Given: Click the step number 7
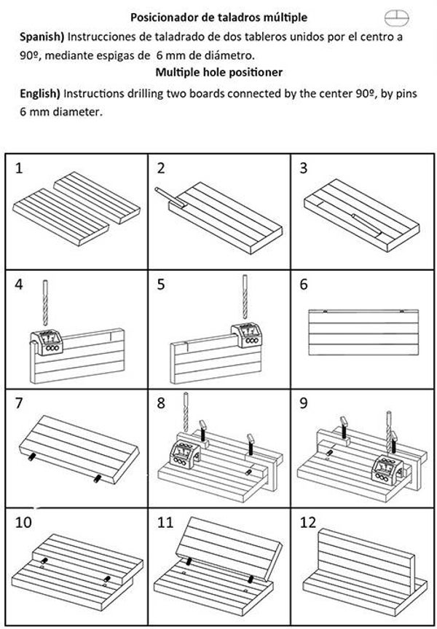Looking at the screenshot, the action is tap(19, 403).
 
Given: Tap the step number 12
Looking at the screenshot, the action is tap(308, 523).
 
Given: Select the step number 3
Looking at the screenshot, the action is tap(304, 168).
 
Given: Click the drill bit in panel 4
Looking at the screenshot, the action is tap(45, 303).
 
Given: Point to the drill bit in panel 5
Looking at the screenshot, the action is tap(245, 297).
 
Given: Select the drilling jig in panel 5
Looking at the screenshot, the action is tap(246, 335).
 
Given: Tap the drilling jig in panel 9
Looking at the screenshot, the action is tap(387, 471).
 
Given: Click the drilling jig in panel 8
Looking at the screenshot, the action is tap(185, 454).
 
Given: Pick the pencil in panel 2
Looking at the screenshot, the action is tap(170, 198).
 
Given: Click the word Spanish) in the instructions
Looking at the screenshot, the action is tap(42, 37).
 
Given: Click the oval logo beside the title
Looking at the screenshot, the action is tap(396, 17).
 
